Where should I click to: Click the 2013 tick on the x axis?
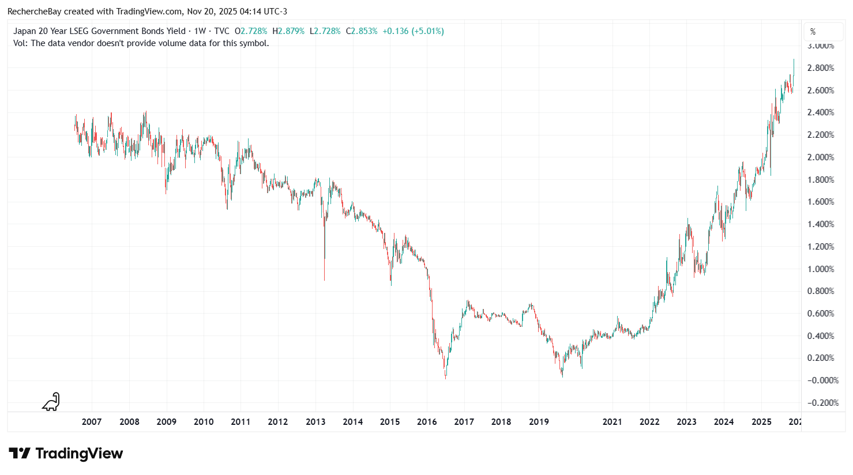[x=315, y=421]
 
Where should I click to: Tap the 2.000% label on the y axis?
[x=820, y=157]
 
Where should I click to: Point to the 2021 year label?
[x=612, y=421]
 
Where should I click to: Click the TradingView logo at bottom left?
[x=66, y=454]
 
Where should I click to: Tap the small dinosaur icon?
[x=51, y=402]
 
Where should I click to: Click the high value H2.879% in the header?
[x=288, y=31]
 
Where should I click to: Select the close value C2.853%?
[x=362, y=31]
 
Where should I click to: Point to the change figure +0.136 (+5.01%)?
[x=413, y=31]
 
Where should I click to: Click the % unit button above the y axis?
[x=813, y=32]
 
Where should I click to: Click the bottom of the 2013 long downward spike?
[x=324, y=280]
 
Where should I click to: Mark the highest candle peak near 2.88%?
[x=794, y=59]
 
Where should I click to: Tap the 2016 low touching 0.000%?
[x=445, y=378]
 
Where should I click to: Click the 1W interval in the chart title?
[x=200, y=31]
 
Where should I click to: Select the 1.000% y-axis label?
[x=820, y=269]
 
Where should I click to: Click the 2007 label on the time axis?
[x=92, y=421]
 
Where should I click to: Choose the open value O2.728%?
[x=251, y=31]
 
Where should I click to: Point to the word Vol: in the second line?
[x=21, y=43]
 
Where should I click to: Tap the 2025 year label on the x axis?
[x=761, y=421]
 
